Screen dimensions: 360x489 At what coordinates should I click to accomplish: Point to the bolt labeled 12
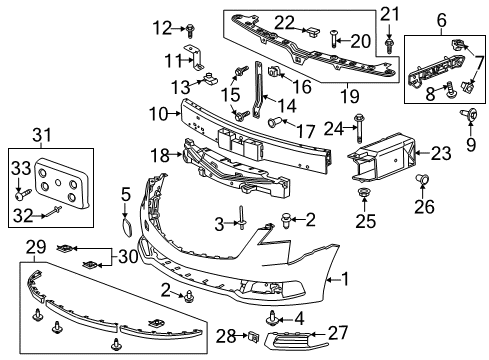pyautogui.click(x=189, y=29)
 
